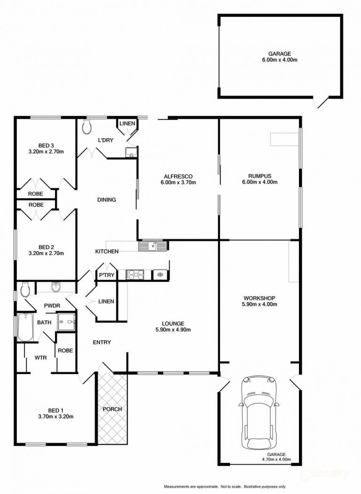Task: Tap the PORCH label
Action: coord(112,409)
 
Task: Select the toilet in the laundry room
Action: coord(86,126)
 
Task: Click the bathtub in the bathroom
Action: coord(25,327)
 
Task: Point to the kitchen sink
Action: coord(153,246)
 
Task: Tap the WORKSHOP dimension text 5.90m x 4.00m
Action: coord(259,304)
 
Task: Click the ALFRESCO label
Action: coord(178,176)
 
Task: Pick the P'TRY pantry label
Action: coord(106,275)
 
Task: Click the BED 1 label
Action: coord(55,409)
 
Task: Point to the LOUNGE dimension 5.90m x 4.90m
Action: coord(173,329)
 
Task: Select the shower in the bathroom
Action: coord(66,322)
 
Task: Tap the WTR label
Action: coord(40,358)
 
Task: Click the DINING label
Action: coord(106,199)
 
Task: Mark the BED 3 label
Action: coord(46,145)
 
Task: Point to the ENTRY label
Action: coord(102,342)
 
